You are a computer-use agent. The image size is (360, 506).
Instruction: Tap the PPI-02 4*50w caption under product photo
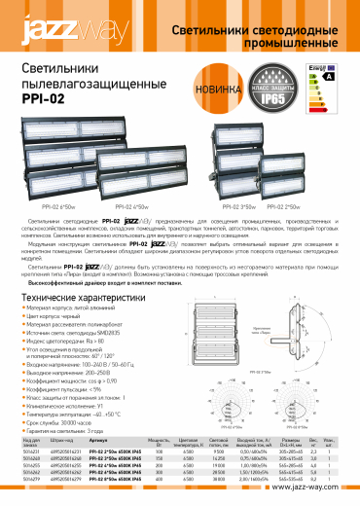pyautogui.click(x=131, y=207)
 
